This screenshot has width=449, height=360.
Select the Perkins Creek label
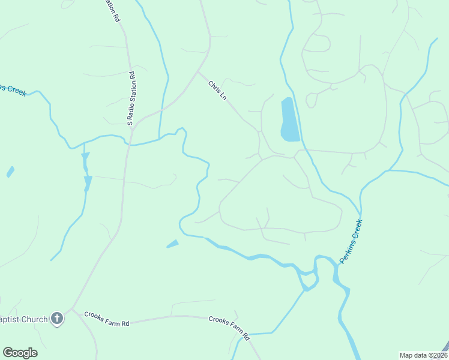pyautogui.click(x=351, y=242)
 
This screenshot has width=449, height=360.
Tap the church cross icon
pyautogui.click(x=57, y=319)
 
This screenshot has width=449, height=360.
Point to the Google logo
pyautogui.click(x=20, y=353)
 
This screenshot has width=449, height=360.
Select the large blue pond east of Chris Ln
pyautogui.click(x=289, y=120)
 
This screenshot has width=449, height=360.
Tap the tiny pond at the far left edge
pyautogui.click(x=10, y=172)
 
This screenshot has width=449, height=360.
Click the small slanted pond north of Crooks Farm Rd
pyautogui.click(x=172, y=244)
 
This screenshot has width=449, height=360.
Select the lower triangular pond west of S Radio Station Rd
pyautogui.click(x=88, y=182)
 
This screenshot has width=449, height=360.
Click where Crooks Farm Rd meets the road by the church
pyautogui.click(x=72, y=310)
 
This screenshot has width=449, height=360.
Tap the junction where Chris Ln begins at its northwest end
pyautogui.click(x=199, y=71)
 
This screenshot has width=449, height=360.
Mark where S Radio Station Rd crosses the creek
pyautogui.click(x=127, y=144)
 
